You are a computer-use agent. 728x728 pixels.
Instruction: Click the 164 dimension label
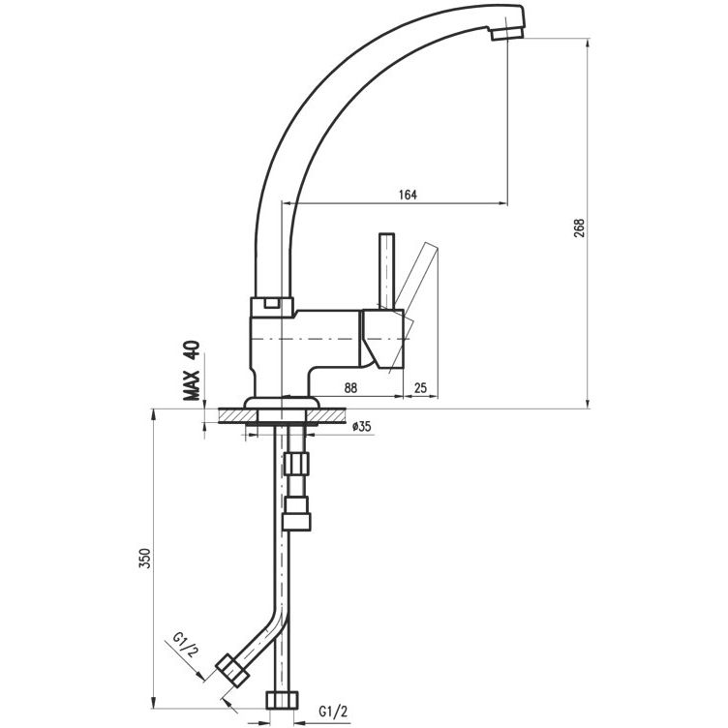[x=408, y=195]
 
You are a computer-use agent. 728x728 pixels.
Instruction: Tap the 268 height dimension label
[x=580, y=227]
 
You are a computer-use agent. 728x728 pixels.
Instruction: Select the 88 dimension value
[x=350, y=387]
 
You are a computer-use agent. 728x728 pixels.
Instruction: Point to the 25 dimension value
[x=420, y=387]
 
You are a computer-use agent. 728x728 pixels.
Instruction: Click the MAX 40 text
[x=192, y=370]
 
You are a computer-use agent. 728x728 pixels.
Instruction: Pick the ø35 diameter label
[x=362, y=426]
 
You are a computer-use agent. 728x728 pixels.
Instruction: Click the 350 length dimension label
[x=144, y=558]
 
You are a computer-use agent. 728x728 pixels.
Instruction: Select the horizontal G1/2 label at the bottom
[x=333, y=711]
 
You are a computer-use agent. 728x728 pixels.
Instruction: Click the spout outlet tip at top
[x=507, y=33]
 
